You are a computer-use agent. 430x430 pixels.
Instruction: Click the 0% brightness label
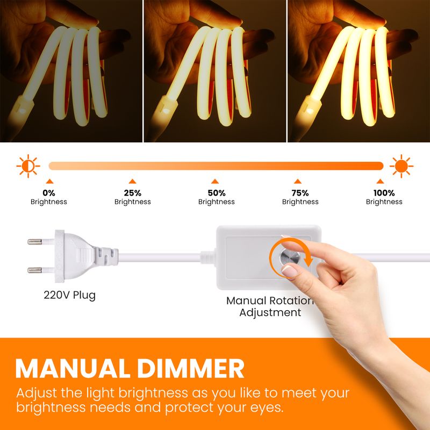pos(49,193)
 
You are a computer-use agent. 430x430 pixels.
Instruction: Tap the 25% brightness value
pos(132,193)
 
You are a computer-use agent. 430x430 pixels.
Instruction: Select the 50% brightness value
pos(217,193)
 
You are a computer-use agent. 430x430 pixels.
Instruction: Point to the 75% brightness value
pos(300,193)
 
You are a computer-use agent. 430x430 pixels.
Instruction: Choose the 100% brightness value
pos(384,193)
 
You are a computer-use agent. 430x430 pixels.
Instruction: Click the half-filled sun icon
pos(28,166)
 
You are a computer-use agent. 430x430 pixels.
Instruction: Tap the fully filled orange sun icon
pos(402,166)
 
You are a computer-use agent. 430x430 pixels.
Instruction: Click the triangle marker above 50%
pos(215,181)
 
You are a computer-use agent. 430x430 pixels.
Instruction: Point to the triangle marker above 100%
pos(380,181)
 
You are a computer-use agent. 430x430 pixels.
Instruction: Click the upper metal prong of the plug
pos(35,241)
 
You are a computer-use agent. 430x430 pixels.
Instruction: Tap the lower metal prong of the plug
pos(35,270)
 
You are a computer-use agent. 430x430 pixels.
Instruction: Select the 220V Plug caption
pos(70,295)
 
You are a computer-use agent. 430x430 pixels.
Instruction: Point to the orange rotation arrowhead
pos(309,261)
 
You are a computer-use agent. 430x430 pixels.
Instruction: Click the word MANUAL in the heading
pos(73,368)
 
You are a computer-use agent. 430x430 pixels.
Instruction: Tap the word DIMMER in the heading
pos(191,368)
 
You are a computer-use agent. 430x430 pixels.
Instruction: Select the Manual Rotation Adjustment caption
pos(270,306)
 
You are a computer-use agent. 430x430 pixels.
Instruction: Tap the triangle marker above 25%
pos(132,181)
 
